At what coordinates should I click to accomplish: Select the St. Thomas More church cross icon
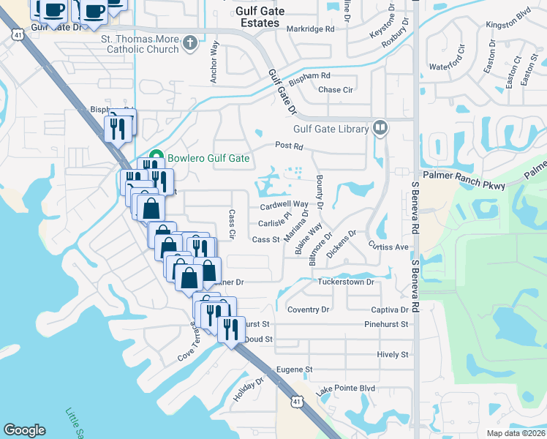(x=189, y=42)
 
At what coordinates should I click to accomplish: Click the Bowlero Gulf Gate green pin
(x=155, y=158)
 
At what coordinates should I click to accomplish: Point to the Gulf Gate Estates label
(x=258, y=17)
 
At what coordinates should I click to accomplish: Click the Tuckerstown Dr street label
(x=346, y=282)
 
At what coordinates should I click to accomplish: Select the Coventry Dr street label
(x=308, y=309)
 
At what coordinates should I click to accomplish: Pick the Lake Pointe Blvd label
(x=345, y=389)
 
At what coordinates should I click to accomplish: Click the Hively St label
(x=393, y=355)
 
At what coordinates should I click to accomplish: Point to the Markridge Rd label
(x=310, y=29)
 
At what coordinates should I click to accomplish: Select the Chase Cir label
(x=336, y=90)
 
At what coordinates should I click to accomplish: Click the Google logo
(x=24, y=430)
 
